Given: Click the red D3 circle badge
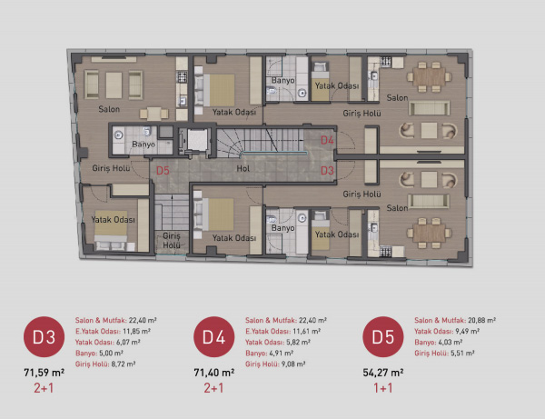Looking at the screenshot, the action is tap(45, 336).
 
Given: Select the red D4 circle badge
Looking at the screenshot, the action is tap(214, 336).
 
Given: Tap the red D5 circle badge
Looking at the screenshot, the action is tap(383, 336).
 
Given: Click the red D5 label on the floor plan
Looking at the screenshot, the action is tap(163, 171).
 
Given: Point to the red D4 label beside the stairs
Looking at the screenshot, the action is tap(327, 140).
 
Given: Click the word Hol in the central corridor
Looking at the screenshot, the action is tap(243, 169).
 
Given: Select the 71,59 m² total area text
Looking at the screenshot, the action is tap(45, 373).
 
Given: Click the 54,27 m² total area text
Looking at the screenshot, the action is tap(383, 373).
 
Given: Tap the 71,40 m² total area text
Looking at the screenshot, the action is tap(214, 373).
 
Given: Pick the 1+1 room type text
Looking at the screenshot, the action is tap(383, 388).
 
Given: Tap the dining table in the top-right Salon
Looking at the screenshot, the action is tap(429, 77).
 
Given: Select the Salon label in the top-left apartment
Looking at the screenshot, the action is tap(109, 109).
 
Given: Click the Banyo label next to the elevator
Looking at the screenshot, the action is tap(144, 144).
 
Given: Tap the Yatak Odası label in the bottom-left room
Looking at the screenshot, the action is tap(113, 220).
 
